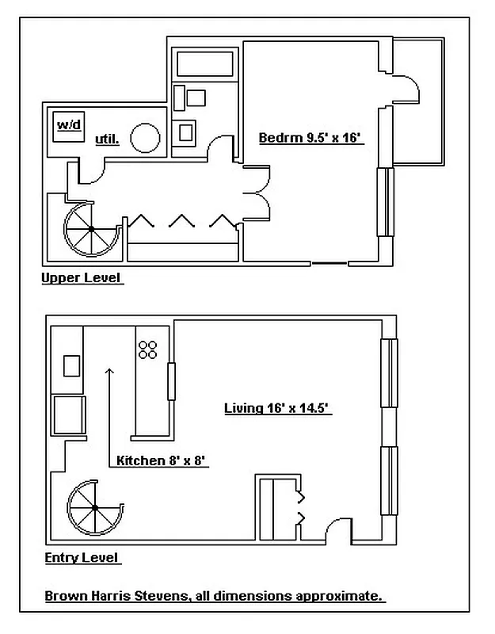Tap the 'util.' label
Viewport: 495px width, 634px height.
point(107,139)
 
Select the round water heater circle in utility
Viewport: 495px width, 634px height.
point(146,138)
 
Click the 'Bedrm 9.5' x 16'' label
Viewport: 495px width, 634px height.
point(310,138)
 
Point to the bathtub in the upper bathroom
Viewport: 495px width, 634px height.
point(204,64)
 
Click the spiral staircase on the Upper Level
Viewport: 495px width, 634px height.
point(91,229)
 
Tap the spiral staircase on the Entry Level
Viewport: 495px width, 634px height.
point(93,507)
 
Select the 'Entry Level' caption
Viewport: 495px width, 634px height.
point(82,558)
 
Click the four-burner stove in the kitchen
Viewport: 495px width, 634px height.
point(147,349)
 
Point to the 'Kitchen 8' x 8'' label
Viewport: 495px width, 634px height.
point(162,460)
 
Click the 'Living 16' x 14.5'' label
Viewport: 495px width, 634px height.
point(276,409)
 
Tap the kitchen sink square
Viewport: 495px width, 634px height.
point(71,365)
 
